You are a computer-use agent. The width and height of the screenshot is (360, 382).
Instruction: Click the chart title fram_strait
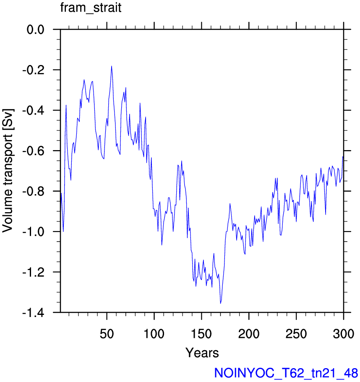tap(91, 8)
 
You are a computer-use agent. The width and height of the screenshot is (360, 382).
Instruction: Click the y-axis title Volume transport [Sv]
tap(8, 171)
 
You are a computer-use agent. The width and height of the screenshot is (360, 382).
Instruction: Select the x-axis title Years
tap(202, 353)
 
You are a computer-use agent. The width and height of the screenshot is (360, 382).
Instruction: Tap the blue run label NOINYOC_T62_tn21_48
tap(286, 373)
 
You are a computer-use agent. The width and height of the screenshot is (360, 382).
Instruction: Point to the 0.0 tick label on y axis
tap(36, 30)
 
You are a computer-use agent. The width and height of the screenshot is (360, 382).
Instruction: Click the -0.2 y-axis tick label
tap(34, 70)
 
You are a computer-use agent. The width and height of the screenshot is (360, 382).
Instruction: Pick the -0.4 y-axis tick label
tap(34, 111)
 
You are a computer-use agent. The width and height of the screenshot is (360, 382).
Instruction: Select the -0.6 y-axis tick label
tap(34, 151)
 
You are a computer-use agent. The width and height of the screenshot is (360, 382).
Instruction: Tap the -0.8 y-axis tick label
tap(34, 192)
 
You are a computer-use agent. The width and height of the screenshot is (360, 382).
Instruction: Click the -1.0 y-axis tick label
tap(34, 232)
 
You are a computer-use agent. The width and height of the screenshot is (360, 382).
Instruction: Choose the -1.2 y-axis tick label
tap(34, 272)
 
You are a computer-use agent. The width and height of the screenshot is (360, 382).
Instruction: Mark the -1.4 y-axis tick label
tap(34, 312)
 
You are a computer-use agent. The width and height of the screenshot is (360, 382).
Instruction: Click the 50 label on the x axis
tap(107, 334)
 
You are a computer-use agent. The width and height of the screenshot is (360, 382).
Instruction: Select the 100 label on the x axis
tap(154, 334)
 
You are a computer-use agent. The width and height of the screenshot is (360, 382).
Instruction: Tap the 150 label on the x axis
tap(201, 334)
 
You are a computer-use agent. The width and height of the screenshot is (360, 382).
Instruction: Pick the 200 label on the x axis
tap(249, 334)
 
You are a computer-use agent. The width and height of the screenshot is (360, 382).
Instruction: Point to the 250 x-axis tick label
tap(296, 334)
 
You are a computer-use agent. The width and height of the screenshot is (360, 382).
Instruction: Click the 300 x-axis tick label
tap(343, 334)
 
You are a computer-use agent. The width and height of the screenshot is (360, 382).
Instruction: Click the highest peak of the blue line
tap(112, 66)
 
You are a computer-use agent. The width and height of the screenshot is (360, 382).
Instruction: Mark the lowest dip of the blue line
tap(221, 303)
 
